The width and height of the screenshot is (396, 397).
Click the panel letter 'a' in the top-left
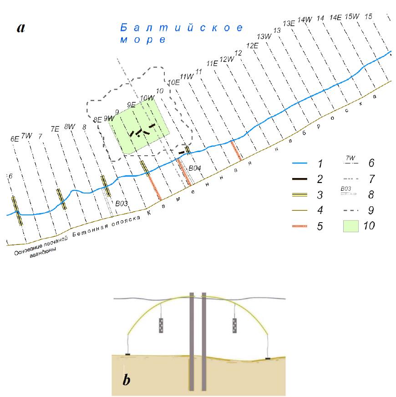(20, 28)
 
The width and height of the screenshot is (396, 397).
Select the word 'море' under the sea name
(142, 40)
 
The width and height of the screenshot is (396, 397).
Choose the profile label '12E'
(252, 46)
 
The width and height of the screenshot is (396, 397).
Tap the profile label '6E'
(14, 139)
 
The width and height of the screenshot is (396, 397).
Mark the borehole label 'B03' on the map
(121, 204)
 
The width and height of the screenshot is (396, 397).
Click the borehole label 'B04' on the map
(195, 168)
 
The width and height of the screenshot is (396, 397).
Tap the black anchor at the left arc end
(128, 354)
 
